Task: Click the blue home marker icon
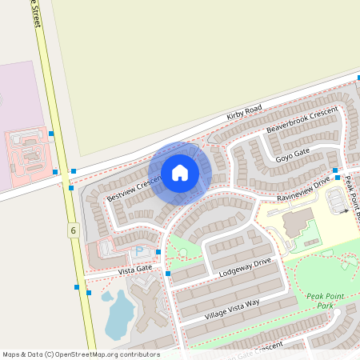[180, 172]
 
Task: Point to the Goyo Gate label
[292, 154]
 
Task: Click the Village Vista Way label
[232, 310]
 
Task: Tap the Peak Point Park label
[325, 301]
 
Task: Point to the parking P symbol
[138, 251]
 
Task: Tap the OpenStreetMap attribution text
[81, 354]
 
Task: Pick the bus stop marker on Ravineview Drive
[338, 178]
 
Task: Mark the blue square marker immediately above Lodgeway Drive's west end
[158, 253]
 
